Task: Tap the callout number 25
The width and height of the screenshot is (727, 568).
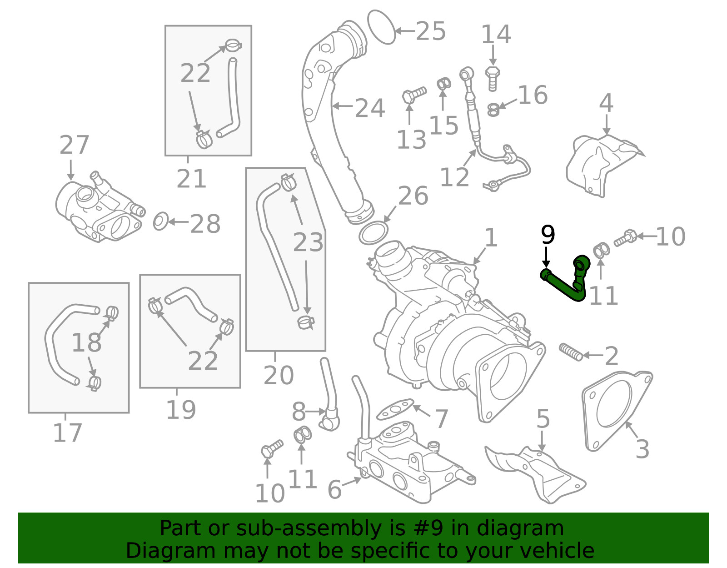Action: (x=431, y=31)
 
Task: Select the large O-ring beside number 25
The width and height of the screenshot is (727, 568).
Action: (x=381, y=27)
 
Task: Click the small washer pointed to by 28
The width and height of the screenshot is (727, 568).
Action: (x=160, y=221)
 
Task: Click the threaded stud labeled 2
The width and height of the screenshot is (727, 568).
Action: (x=571, y=352)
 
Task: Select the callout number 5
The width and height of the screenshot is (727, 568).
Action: (x=543, y=418)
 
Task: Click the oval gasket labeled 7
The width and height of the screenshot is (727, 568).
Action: (x=395, y=409)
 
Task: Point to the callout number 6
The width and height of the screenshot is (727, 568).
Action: (x=335, y=489)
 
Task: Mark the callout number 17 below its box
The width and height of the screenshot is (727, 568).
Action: (x=67, y=433)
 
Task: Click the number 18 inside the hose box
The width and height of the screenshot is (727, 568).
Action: (x=87, y=342)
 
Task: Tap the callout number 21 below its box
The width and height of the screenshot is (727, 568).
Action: (x=191, y=178)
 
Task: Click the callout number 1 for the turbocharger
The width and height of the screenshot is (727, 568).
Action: (x=491, y=238)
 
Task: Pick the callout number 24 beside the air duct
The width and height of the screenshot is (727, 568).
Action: (x=369, y=108)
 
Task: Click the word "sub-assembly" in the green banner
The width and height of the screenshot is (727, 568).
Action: (x=309, y=528)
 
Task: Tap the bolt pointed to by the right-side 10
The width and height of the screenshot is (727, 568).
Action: (x=625, y=238)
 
